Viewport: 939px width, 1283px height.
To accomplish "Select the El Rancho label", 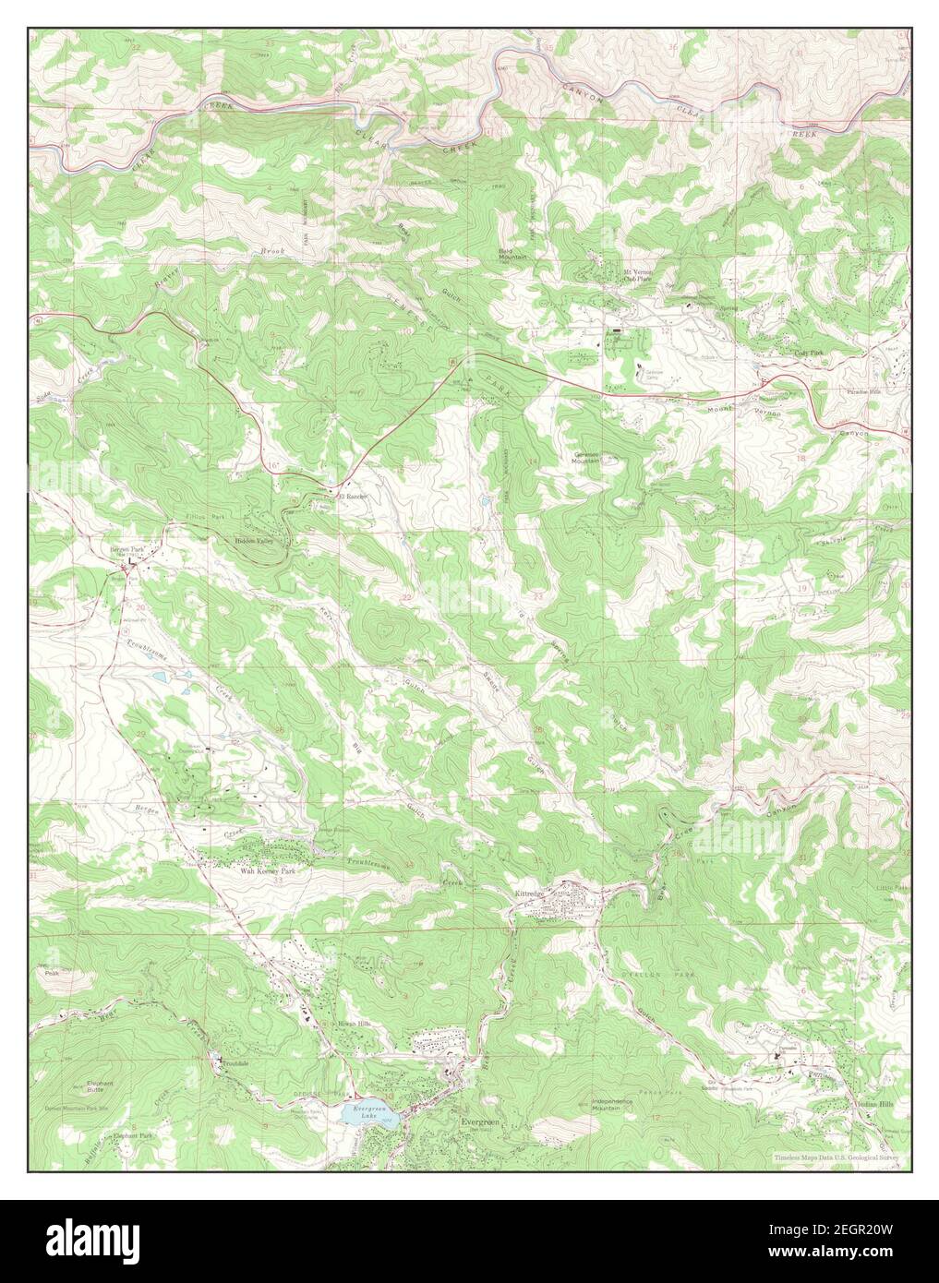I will (351, 497).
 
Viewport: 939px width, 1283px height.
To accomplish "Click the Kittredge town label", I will (531, 893).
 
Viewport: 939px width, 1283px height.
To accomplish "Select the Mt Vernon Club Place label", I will (643, 274).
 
